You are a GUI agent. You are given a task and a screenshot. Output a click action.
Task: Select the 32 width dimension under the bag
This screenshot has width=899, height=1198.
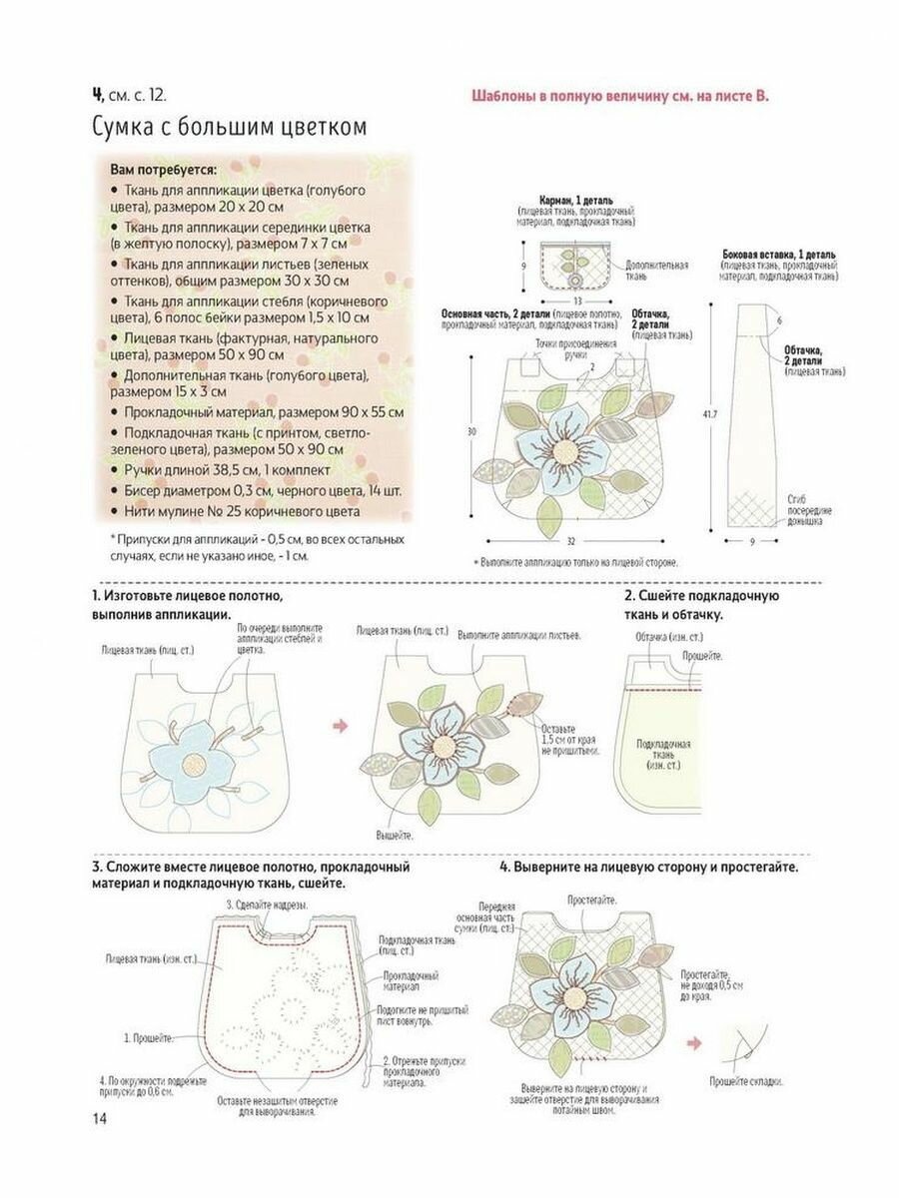point(570,542)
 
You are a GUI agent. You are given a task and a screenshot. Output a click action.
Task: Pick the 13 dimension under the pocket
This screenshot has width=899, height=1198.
point(577,299)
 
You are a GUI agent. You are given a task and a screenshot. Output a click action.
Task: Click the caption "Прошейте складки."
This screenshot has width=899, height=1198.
point(746,1081)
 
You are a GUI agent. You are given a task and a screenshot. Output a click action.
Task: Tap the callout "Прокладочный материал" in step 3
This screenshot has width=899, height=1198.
point(411,979)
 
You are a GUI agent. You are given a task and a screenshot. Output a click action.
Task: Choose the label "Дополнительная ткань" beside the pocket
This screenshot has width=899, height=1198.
point(656,271)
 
